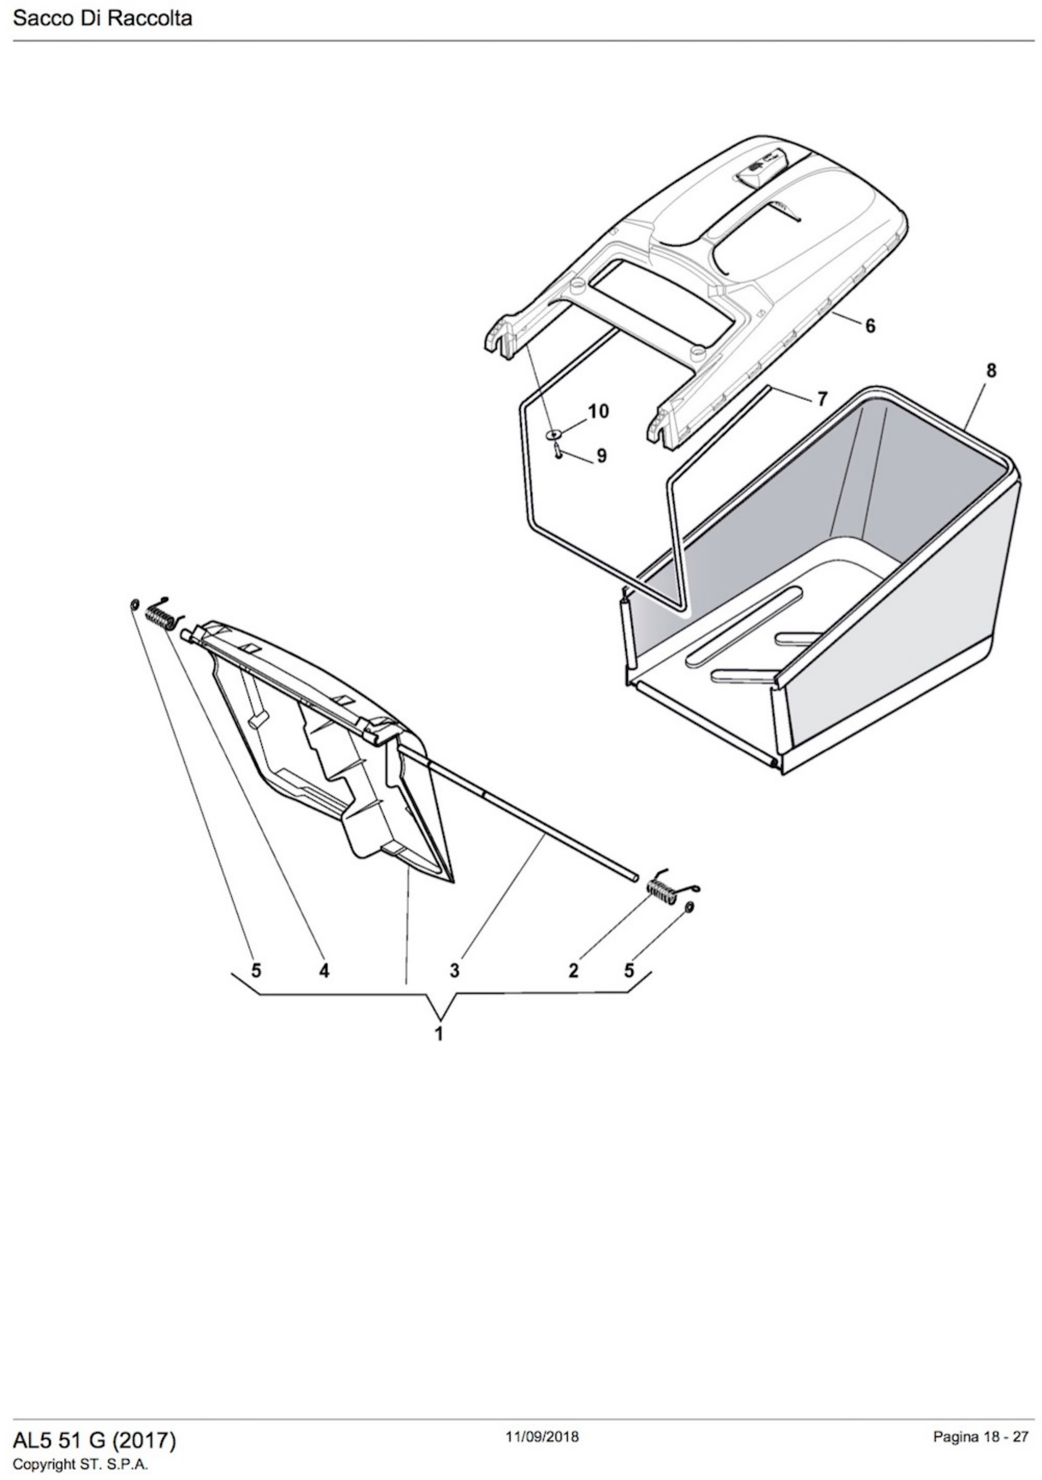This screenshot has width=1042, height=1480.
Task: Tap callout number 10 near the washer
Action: coord(598,411)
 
